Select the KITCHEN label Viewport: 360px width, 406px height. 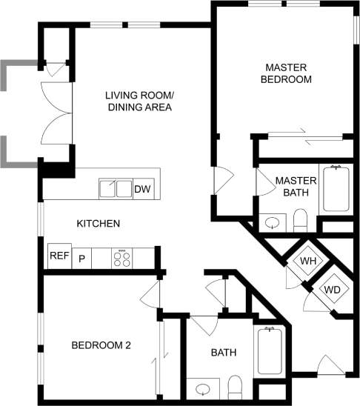(99, 223)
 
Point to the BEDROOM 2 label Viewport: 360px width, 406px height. (101, 345)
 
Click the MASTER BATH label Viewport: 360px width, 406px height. (296, 187)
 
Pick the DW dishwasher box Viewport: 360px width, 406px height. (142, 189)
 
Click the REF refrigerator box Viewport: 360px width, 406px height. (59, 256)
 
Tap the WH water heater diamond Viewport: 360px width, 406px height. (307, 262)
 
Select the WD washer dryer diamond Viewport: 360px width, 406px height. (332, 289)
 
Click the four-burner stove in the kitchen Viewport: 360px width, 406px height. (121, 259)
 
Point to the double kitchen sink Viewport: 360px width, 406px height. (115, 189)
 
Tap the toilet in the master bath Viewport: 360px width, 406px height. (300, 219)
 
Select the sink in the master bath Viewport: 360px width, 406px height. (272, 222)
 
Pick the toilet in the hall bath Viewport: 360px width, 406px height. (236, 385)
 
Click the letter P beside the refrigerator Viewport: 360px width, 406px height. (82, 259)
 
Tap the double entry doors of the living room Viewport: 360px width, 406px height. (56, 112)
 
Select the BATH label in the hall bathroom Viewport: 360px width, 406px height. (223, 353)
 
